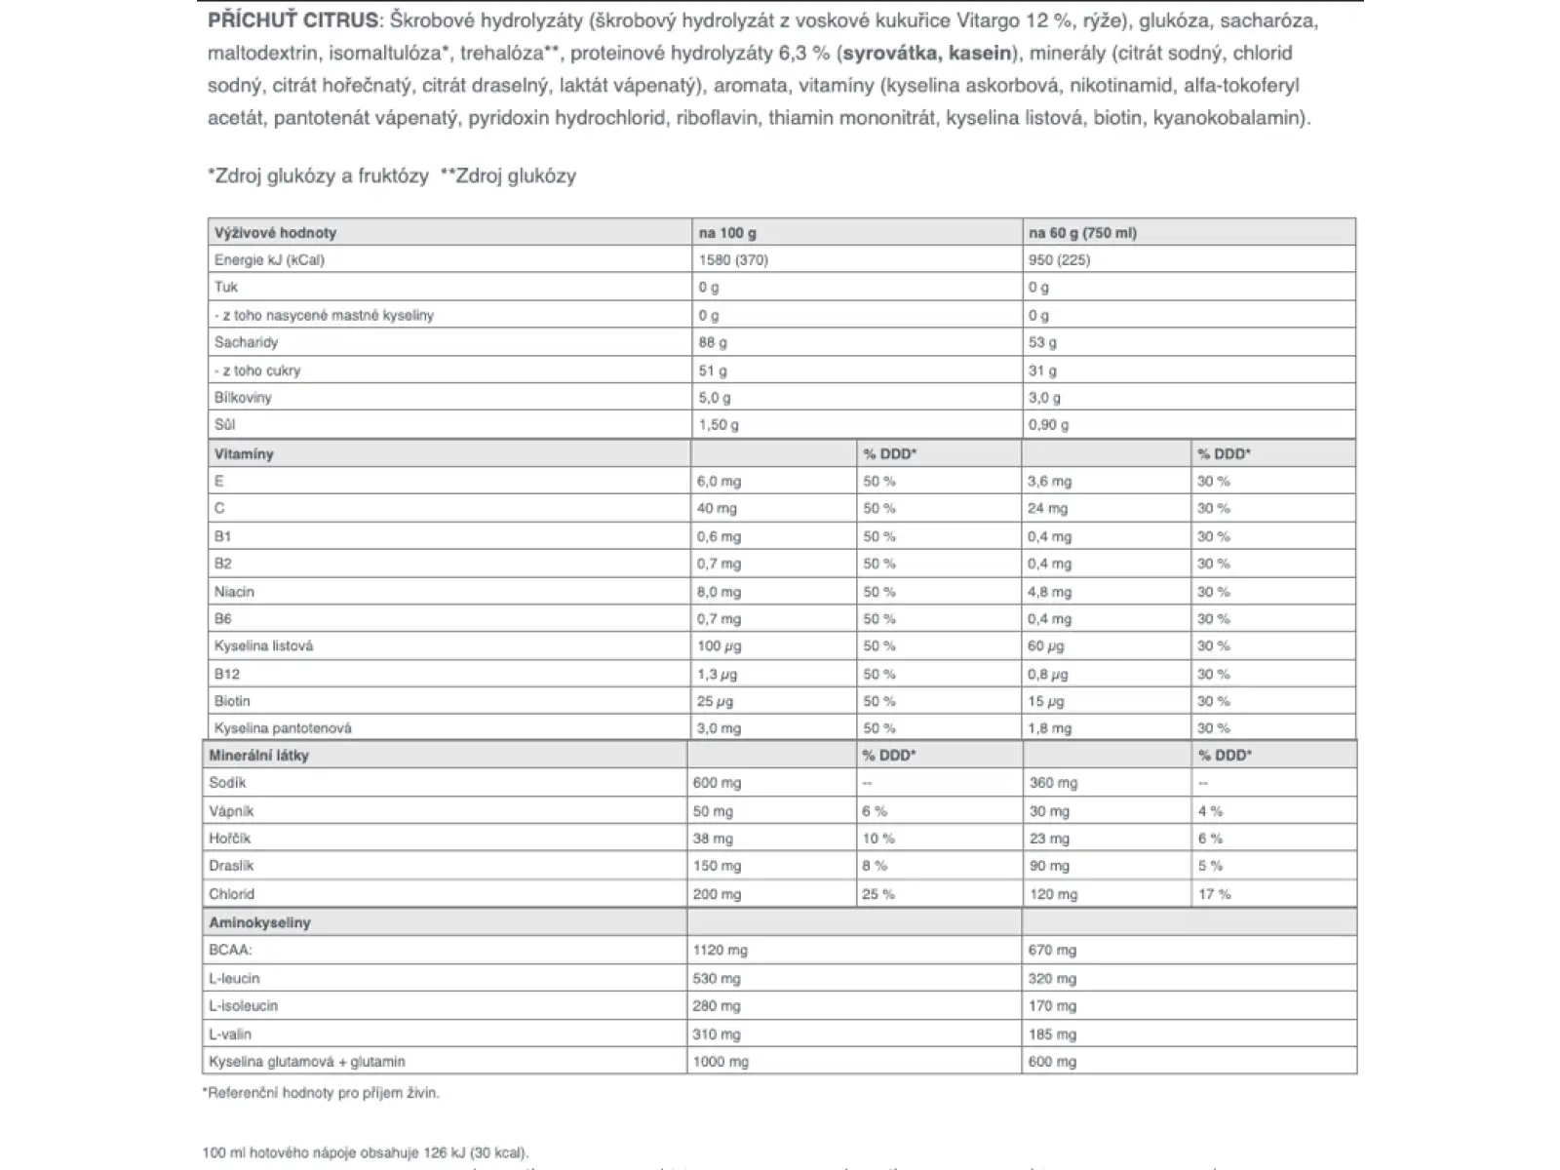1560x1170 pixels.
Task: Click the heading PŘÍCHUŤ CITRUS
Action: coord(292,20)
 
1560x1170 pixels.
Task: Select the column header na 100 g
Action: coord(727,233)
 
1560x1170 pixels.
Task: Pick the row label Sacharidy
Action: coord(246,342)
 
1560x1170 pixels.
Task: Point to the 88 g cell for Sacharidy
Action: coord(713,342)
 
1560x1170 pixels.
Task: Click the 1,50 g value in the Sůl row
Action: coord(719,425)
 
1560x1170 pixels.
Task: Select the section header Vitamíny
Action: coord(244,454)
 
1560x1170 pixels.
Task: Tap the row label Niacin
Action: coord(234,592)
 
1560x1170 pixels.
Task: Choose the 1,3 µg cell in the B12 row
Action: coord(718,674)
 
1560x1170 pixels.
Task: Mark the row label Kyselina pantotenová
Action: coord(283,728)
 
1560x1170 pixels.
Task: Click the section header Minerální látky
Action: coord(258,756)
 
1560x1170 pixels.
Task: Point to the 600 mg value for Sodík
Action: coord(717,783)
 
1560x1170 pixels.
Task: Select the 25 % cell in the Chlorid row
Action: coord(877,894)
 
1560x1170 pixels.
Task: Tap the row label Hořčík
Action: coord(229,838)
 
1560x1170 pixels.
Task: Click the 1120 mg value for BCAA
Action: coord(720,951)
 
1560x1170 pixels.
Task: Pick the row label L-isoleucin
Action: coord(243,1006)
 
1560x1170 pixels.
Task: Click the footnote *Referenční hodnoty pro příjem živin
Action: coord(321,1093)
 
